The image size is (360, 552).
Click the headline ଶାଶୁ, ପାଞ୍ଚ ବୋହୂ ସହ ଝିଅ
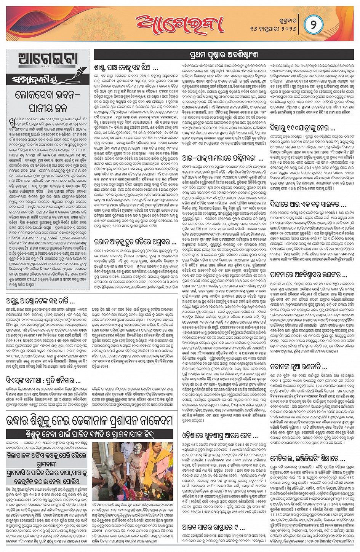(x=126, y=69)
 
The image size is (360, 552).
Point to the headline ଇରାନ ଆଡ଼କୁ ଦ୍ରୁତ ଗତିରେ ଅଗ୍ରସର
(x=135, y=242)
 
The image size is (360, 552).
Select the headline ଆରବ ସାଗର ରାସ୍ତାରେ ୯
(x=213, y=527)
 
